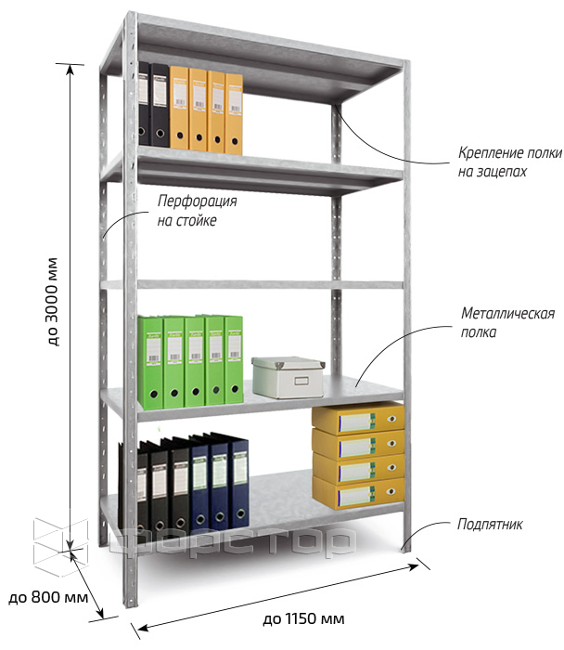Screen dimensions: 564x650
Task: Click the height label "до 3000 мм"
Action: [52, 302]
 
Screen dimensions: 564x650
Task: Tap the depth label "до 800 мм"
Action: [48, 597]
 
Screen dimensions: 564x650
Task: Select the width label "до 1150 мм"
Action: [303, 619]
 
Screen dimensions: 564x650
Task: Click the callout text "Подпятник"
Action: [490, 525]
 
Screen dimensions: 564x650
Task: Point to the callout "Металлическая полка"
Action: [507, 322]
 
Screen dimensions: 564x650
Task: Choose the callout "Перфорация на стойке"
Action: [197, 211]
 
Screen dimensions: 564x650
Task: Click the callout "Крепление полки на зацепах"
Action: [510, 162]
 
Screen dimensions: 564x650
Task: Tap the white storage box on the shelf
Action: [288, 377]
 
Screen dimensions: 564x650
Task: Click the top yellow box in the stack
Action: [358, 418]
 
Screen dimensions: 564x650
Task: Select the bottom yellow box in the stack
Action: [358, 493]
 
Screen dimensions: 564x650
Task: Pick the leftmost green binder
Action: [150, 362]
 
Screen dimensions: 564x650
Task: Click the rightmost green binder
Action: [234, 359]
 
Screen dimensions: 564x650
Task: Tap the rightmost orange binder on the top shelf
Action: [234, 114]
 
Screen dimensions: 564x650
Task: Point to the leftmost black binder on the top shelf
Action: [144, 104]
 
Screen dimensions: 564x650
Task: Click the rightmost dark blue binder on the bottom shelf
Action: [238, 484]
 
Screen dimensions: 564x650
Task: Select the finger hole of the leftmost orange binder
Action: [180, 136]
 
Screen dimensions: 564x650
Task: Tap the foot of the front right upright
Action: [405, 548]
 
